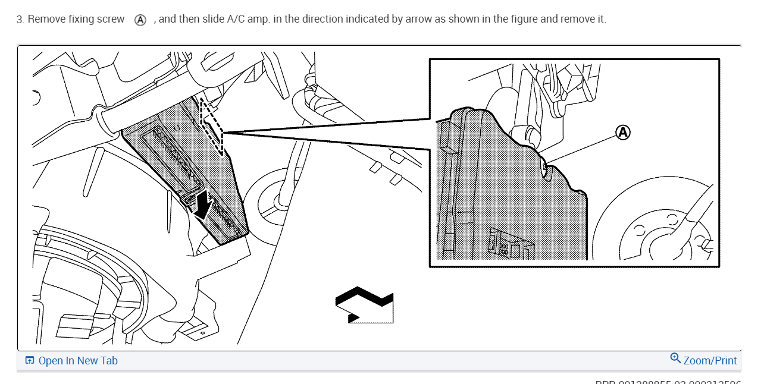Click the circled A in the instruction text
140,20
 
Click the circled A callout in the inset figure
622,132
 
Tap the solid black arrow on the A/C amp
202,205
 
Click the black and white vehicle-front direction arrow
364,305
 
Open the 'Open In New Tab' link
77,361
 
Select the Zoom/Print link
710,361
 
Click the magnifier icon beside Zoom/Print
675,358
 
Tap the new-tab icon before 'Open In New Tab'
29,361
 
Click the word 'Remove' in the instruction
46,19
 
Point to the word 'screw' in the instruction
110,19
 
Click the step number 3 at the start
20,19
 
